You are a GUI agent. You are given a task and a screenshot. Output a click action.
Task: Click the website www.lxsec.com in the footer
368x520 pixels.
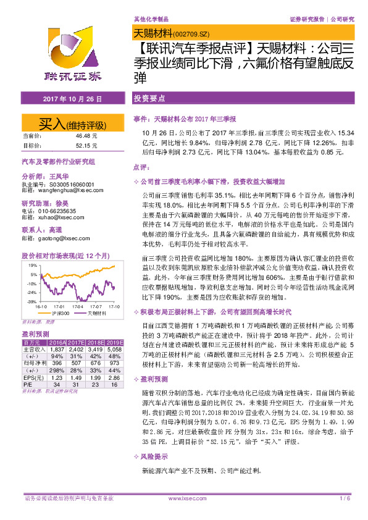184,498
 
